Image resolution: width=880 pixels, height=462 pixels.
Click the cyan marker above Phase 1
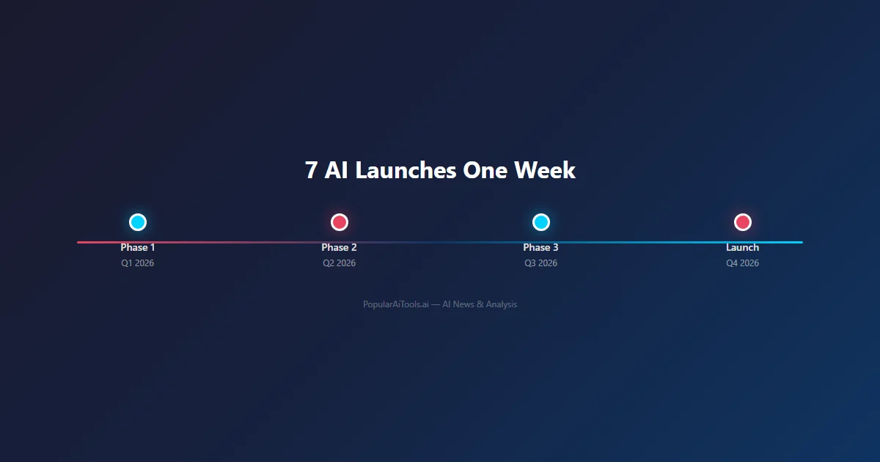(138, 222)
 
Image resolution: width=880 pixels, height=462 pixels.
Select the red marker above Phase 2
(340, 222)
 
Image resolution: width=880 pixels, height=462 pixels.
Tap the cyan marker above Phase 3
(541, 222)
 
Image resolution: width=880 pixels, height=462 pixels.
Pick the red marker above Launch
(743, 222)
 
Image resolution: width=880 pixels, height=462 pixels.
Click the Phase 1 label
(138, 248)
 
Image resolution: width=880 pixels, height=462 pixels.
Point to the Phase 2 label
(340, 248)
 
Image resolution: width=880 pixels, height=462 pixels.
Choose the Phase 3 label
(541, 248)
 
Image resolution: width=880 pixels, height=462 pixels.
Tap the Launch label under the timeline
(743, 248)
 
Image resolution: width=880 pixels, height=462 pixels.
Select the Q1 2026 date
(138, 263)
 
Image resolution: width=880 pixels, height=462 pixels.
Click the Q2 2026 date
(340, 263)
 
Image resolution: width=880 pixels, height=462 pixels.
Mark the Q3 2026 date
(541, 263)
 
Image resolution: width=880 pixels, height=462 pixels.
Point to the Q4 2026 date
(743, 263)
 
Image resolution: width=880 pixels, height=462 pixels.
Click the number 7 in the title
(312, 171)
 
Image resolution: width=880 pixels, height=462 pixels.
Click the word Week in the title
(545, 171)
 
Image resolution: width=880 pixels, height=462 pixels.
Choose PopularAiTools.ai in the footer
(396, 304)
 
